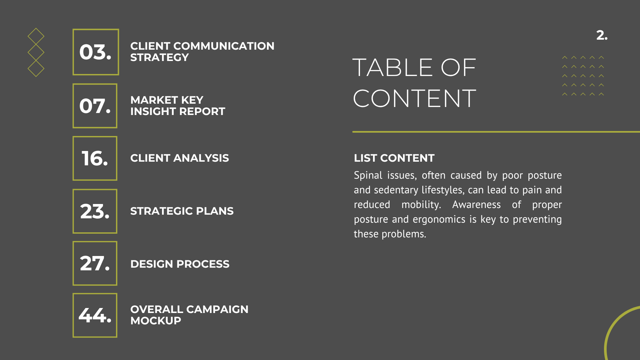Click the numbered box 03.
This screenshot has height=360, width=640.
[96, 52]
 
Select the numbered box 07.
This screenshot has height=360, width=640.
[95, 106]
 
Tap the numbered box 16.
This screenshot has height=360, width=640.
[95, 158]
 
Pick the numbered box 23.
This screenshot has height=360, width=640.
[95, 211]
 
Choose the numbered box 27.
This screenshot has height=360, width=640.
[95, 263]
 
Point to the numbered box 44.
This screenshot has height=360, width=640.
[95, 315]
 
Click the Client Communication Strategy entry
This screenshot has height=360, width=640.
[202, 52]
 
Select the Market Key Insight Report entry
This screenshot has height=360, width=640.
[178, 106]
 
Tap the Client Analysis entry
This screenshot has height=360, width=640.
[180, 158]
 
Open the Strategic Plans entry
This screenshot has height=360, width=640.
[182, 211]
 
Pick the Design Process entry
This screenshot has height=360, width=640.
[180, 264]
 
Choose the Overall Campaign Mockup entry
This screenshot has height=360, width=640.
[189, 315]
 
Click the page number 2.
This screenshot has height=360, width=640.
[602, 35]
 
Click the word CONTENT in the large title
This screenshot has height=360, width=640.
[415, 98]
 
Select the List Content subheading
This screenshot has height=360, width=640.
[394, 158]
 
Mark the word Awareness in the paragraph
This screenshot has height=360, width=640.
[476, 205]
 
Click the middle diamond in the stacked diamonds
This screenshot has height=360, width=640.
[36, 52]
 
